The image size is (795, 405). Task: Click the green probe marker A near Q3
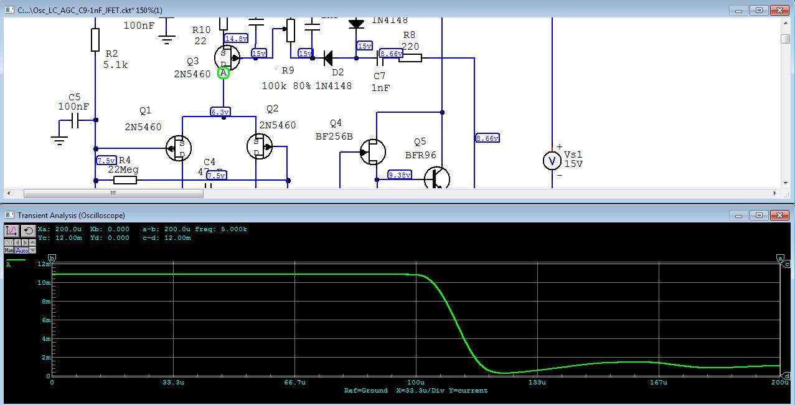pos(223,73)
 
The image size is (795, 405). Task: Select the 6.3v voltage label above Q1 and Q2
pos(220,112)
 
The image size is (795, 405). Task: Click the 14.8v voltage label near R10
pos(237,39)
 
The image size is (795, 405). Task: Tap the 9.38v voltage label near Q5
pos(400,175)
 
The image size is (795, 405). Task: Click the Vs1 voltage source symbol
pos(551,161)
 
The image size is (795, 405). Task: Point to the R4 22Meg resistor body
pos(125,181)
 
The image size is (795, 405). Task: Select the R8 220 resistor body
pos(410,58)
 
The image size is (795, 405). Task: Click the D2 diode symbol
pos(328,59)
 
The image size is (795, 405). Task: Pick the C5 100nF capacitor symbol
pos(76,121)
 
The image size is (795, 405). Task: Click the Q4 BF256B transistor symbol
pos(372,151)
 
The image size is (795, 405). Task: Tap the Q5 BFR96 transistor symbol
pos(438,178)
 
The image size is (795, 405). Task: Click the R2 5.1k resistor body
pos(95,40)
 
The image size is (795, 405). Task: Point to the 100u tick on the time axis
pos(416,382)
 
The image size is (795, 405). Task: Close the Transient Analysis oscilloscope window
pos(779,216)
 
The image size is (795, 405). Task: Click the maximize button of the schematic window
pos(759,10)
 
